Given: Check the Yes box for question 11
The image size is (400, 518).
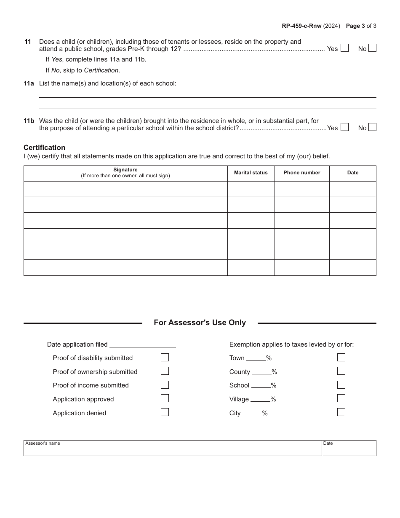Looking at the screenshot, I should [x=344, y=48].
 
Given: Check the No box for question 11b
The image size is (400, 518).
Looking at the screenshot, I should [x=372, y=127].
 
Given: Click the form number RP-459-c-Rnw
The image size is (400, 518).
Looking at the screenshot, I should [x=301, y=26].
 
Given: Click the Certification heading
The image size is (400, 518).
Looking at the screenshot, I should [x=44, y=147].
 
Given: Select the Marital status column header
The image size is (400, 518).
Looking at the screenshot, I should [x=251, y=173].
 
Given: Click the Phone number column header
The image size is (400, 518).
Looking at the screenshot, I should [x=302, y=173].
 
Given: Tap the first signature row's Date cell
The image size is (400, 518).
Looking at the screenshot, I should [x=353, y=189].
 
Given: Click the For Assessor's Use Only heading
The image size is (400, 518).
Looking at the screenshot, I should [x=200, y=323].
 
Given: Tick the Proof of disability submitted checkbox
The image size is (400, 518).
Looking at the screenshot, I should [x=165, y=358].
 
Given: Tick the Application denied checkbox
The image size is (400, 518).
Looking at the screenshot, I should [x=165, y=412].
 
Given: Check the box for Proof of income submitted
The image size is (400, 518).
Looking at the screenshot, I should [x=165, y=385].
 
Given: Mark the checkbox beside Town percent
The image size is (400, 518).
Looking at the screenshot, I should [x=341, y=358].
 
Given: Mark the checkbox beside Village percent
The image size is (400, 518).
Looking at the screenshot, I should [x=341, y=398].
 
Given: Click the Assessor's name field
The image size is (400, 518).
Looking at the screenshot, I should [x=173, y=450].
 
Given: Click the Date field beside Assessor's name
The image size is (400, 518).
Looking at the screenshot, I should [x=349, y=450].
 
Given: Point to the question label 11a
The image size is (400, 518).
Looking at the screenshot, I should [x=29, y=83].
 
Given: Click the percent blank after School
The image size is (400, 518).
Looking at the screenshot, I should [x=261, y=386].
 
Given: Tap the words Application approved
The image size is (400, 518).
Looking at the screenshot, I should [x=83, y=399].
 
